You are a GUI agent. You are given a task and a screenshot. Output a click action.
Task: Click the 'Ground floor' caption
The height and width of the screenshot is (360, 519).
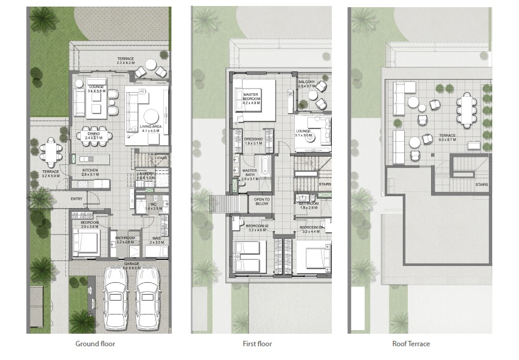(95, 344)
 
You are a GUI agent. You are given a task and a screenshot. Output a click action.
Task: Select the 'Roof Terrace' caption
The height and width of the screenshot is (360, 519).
(411, 344)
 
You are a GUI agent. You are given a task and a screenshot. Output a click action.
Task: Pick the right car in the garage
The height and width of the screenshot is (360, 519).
(148, 296)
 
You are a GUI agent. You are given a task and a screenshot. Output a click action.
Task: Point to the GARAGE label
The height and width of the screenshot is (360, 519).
(132, 264)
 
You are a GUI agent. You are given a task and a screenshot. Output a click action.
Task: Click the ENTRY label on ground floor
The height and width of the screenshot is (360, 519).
(77, 199)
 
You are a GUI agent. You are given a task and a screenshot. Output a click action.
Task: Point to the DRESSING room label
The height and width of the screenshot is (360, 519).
(254, 141)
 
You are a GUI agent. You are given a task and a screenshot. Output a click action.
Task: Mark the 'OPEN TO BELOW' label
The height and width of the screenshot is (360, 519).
(262, 202)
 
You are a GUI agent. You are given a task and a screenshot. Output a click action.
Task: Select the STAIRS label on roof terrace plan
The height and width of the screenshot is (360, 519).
(481, 185)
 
